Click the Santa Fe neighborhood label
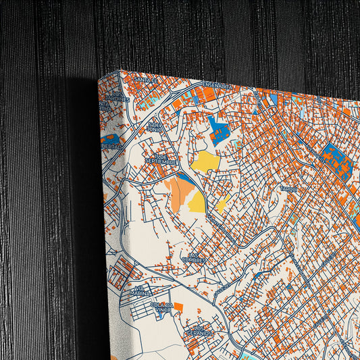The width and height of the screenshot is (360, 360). tap(145, 80)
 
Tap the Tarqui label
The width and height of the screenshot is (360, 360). tap(288, 188)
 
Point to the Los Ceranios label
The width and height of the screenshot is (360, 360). tap(200, 331)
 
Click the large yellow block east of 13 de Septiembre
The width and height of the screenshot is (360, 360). tap(205, 161)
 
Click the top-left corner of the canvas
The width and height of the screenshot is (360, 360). tap(120, 70)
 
